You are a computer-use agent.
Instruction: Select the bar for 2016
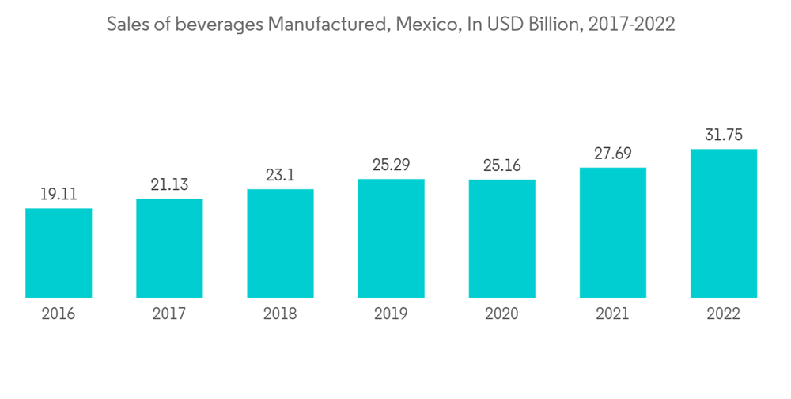(59, 253)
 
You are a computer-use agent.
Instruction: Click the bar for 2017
(169, 249)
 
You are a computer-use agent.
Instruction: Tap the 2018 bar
(280, 244)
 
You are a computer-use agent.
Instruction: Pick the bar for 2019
(391, 238)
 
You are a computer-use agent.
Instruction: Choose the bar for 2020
(501, 239)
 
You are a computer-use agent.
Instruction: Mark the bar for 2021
(612, 233)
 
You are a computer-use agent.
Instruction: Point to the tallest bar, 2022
(723, 223)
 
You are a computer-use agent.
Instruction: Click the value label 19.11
(59, 194)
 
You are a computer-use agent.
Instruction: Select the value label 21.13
(169, 184)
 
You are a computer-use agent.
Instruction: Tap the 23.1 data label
(280, 175)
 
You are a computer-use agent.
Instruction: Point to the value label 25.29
(391, 165)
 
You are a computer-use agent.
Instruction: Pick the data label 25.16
(501, 165)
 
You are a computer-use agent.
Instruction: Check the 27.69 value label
(612, 154)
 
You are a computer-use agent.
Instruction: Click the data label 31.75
(723, 135)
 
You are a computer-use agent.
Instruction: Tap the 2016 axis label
(59, 313)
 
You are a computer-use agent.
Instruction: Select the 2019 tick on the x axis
(391, 313)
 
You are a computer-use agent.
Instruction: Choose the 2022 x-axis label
(723, 313)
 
